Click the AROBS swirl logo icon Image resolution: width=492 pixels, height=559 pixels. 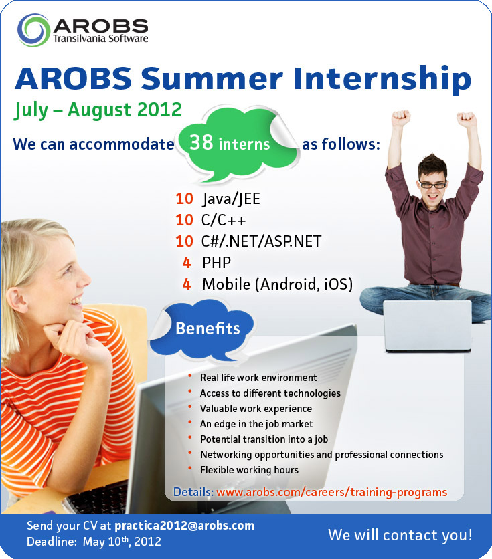[33, 30]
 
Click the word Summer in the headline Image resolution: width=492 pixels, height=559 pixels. [212, 78]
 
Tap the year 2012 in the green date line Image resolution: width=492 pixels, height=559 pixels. [160, 110]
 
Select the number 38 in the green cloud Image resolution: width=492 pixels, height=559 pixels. [201, 142]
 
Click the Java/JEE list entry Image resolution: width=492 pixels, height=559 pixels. [231, 199]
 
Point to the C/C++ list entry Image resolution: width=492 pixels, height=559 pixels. [224, 219]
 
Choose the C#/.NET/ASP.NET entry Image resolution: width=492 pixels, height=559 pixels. [262, 241]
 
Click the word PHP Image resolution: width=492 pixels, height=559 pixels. [217, 263]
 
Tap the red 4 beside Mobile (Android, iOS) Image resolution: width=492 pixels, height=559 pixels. [187, 284]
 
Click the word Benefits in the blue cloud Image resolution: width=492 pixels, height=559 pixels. [208, 328]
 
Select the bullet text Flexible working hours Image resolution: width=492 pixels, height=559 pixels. [250, 470]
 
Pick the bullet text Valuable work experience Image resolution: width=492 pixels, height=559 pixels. [256, 408]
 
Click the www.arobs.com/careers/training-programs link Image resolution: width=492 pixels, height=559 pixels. [332, 492]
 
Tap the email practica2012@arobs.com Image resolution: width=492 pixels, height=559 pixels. [185, 526]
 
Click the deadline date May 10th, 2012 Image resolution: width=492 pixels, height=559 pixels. [122, 542]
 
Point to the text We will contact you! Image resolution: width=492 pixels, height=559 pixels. [400, 535]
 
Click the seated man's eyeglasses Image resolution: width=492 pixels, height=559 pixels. [433, 185]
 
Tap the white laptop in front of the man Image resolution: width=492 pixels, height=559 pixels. [428, 326]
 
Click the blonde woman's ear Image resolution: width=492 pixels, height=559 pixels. [17, 300]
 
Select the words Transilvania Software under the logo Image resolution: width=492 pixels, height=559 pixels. [100, 38]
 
